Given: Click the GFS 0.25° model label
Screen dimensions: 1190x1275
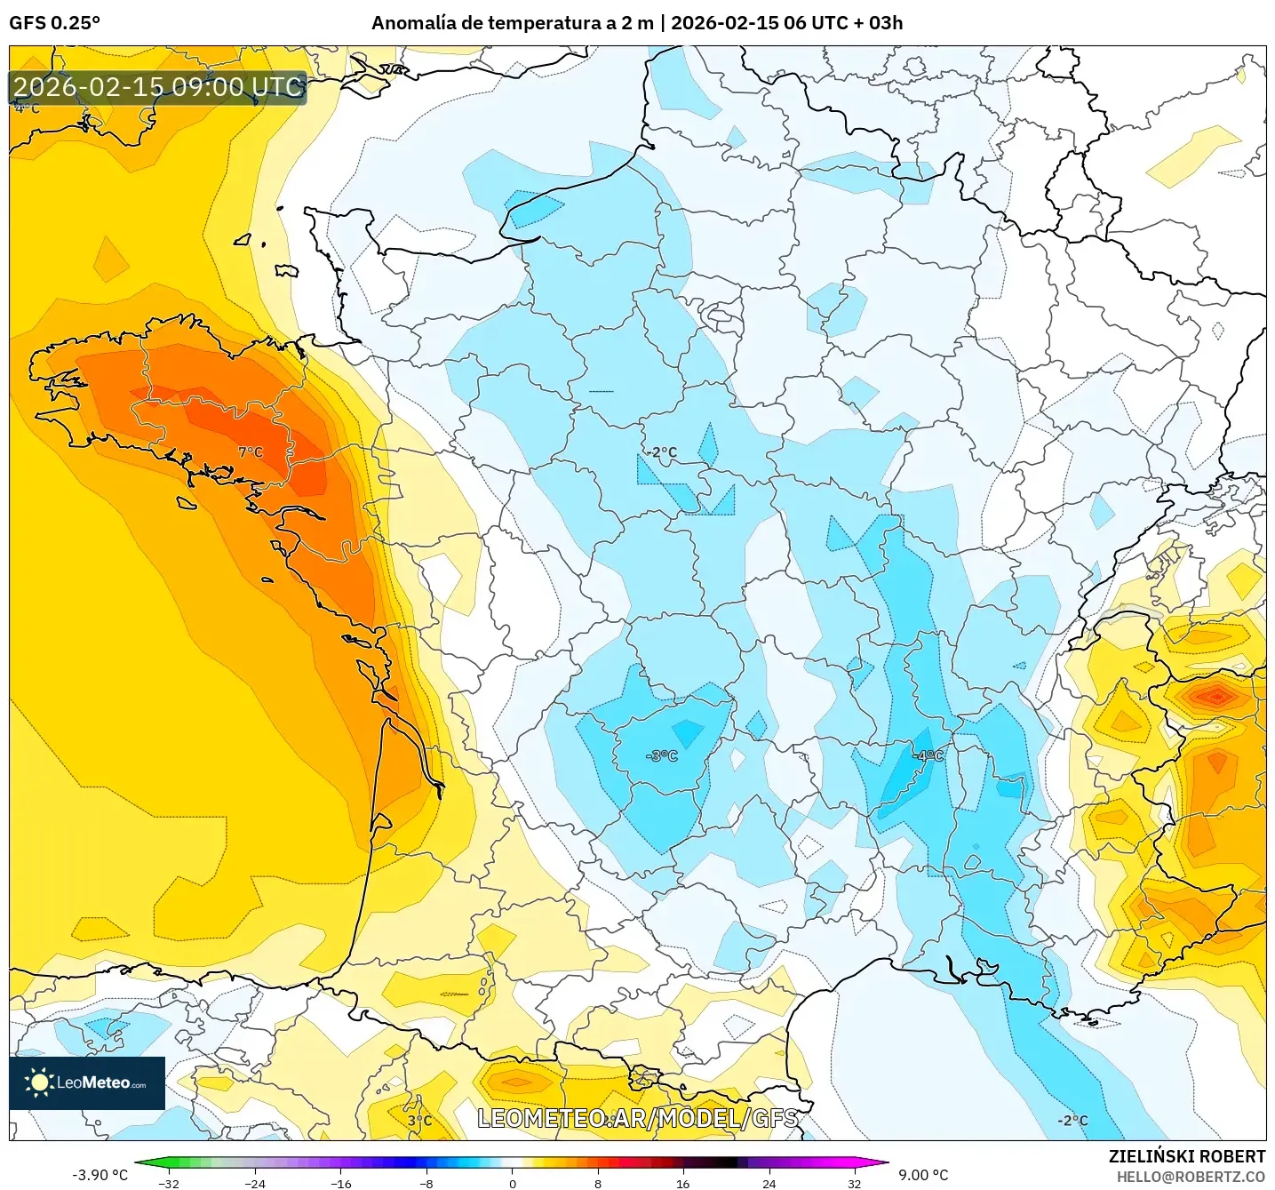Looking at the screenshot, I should click(54, 23).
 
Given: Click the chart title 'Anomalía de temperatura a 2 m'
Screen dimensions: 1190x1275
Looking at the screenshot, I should click(512, 23).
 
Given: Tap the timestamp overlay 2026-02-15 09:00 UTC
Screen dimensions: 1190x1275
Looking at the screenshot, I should click(158, 87).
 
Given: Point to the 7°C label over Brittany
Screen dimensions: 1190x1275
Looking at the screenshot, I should click(251, 452).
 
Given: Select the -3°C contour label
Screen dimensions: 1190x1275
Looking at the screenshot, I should click(662, 755).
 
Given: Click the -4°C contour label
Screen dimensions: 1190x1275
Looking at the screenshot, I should click(928, 755).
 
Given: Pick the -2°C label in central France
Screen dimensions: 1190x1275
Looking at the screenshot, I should click(661, 452).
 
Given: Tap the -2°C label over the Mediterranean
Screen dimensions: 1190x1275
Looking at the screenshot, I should click(1072, 1121).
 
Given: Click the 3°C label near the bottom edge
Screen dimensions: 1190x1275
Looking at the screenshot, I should click(419, 1121).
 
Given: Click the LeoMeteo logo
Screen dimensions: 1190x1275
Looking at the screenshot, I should click(87, 1082).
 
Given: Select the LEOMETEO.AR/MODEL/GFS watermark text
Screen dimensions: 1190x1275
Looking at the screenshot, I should click(637, 1118).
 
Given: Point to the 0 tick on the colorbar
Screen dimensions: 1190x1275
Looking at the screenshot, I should click(512, 1183).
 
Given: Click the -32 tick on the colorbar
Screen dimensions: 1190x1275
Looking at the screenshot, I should click(168, 1183).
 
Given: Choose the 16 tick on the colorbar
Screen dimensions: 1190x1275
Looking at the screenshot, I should click(682, 1183).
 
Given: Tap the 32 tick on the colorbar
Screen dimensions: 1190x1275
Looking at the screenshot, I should click(854, 1183).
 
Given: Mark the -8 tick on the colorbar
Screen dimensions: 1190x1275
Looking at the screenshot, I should click(426, 1183).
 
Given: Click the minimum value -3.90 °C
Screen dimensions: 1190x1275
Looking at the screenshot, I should click(100, 1175).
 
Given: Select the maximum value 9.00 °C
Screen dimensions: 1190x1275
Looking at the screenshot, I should click(923, 1175).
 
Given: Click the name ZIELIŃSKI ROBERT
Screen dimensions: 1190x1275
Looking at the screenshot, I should click(1187, 1156).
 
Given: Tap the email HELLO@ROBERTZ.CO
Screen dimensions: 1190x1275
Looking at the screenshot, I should click(1191, 1177).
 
